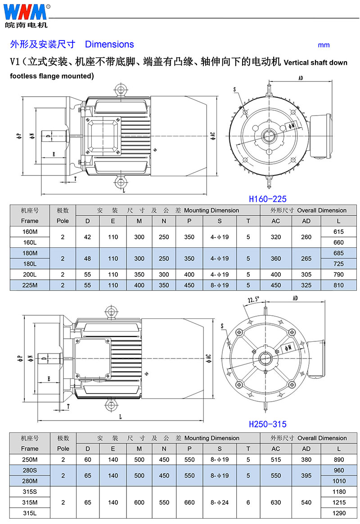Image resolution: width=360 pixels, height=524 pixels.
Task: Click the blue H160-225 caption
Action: tap(267, 199)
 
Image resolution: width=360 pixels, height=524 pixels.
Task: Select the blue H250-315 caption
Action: tap(267, 424)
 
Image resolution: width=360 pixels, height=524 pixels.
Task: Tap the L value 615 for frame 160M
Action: tap(338, 232)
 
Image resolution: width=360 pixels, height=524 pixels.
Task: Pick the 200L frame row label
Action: tap(30, 274)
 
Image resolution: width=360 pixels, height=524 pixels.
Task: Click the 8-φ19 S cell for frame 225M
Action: tap(220, 285)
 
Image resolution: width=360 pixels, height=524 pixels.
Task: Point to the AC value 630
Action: tap(276, 502)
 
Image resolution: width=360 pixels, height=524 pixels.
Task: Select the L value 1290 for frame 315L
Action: tap(338, 513)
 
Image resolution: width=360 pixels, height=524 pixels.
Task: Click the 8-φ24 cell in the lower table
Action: tap(220, 502)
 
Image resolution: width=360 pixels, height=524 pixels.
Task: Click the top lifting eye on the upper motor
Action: tap(120, 90)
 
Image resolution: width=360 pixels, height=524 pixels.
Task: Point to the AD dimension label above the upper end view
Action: tap(301, 78)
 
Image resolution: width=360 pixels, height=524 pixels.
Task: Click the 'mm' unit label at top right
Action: tap(324, 45)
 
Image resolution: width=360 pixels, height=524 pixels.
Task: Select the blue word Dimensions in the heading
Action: tap(109, 44)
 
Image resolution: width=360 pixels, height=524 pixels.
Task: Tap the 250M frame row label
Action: tap(30, 460)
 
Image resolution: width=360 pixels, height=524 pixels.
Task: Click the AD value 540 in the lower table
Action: tap(306, 502)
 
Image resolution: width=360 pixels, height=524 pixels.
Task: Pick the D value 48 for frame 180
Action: tap(88, 259)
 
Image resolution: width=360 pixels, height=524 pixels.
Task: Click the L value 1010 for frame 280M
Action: tap(338, 481)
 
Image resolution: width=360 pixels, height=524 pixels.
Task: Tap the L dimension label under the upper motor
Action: tap(123, 191)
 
